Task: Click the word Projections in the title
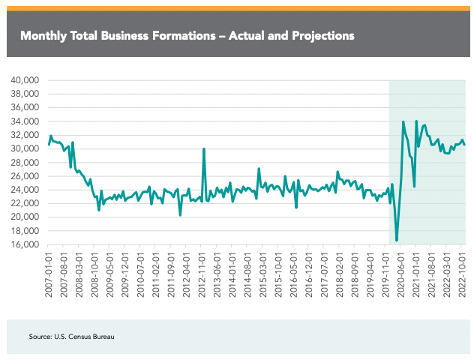click(319, 35)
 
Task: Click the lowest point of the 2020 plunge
click(397, 241)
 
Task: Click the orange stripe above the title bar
click(237, 8)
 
